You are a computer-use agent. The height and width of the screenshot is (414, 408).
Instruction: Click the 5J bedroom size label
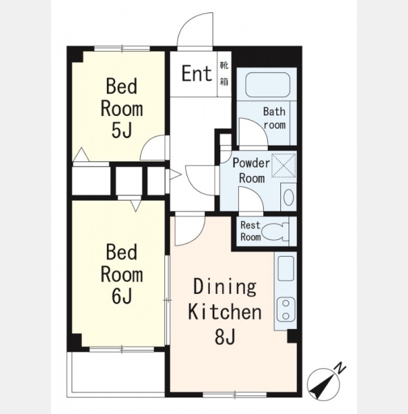tap(122, 130)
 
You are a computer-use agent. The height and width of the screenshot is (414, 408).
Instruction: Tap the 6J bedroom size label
tap(122, 296)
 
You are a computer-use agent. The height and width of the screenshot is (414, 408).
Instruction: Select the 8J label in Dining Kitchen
tap(225, 337)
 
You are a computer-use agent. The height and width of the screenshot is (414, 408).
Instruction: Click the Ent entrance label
tap(197, 73)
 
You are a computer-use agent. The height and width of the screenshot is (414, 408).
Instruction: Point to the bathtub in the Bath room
tap(268, 84)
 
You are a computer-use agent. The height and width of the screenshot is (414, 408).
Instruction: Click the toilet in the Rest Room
tap(276, 232)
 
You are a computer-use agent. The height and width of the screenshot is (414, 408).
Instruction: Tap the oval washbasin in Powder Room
tap(289, 197)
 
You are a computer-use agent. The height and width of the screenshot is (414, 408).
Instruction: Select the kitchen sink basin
tap(286, 268)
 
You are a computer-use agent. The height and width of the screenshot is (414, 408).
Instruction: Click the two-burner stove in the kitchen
tap(286, 309)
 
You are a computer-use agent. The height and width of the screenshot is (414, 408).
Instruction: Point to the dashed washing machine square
tap(284, 166)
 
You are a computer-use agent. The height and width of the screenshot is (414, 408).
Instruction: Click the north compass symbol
tap(324, 384)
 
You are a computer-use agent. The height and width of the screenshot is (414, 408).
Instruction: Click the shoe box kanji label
tap(224, 73)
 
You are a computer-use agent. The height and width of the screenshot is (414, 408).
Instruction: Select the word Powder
tap(251, 163)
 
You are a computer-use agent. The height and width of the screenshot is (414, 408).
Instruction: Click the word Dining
tap(225, 287)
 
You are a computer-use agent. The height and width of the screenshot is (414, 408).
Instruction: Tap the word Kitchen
tap(225, 312)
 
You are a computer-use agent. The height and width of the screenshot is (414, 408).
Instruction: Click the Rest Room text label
tap(251, 231)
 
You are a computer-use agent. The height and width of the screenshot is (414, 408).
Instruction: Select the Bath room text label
tap(275, 118)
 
